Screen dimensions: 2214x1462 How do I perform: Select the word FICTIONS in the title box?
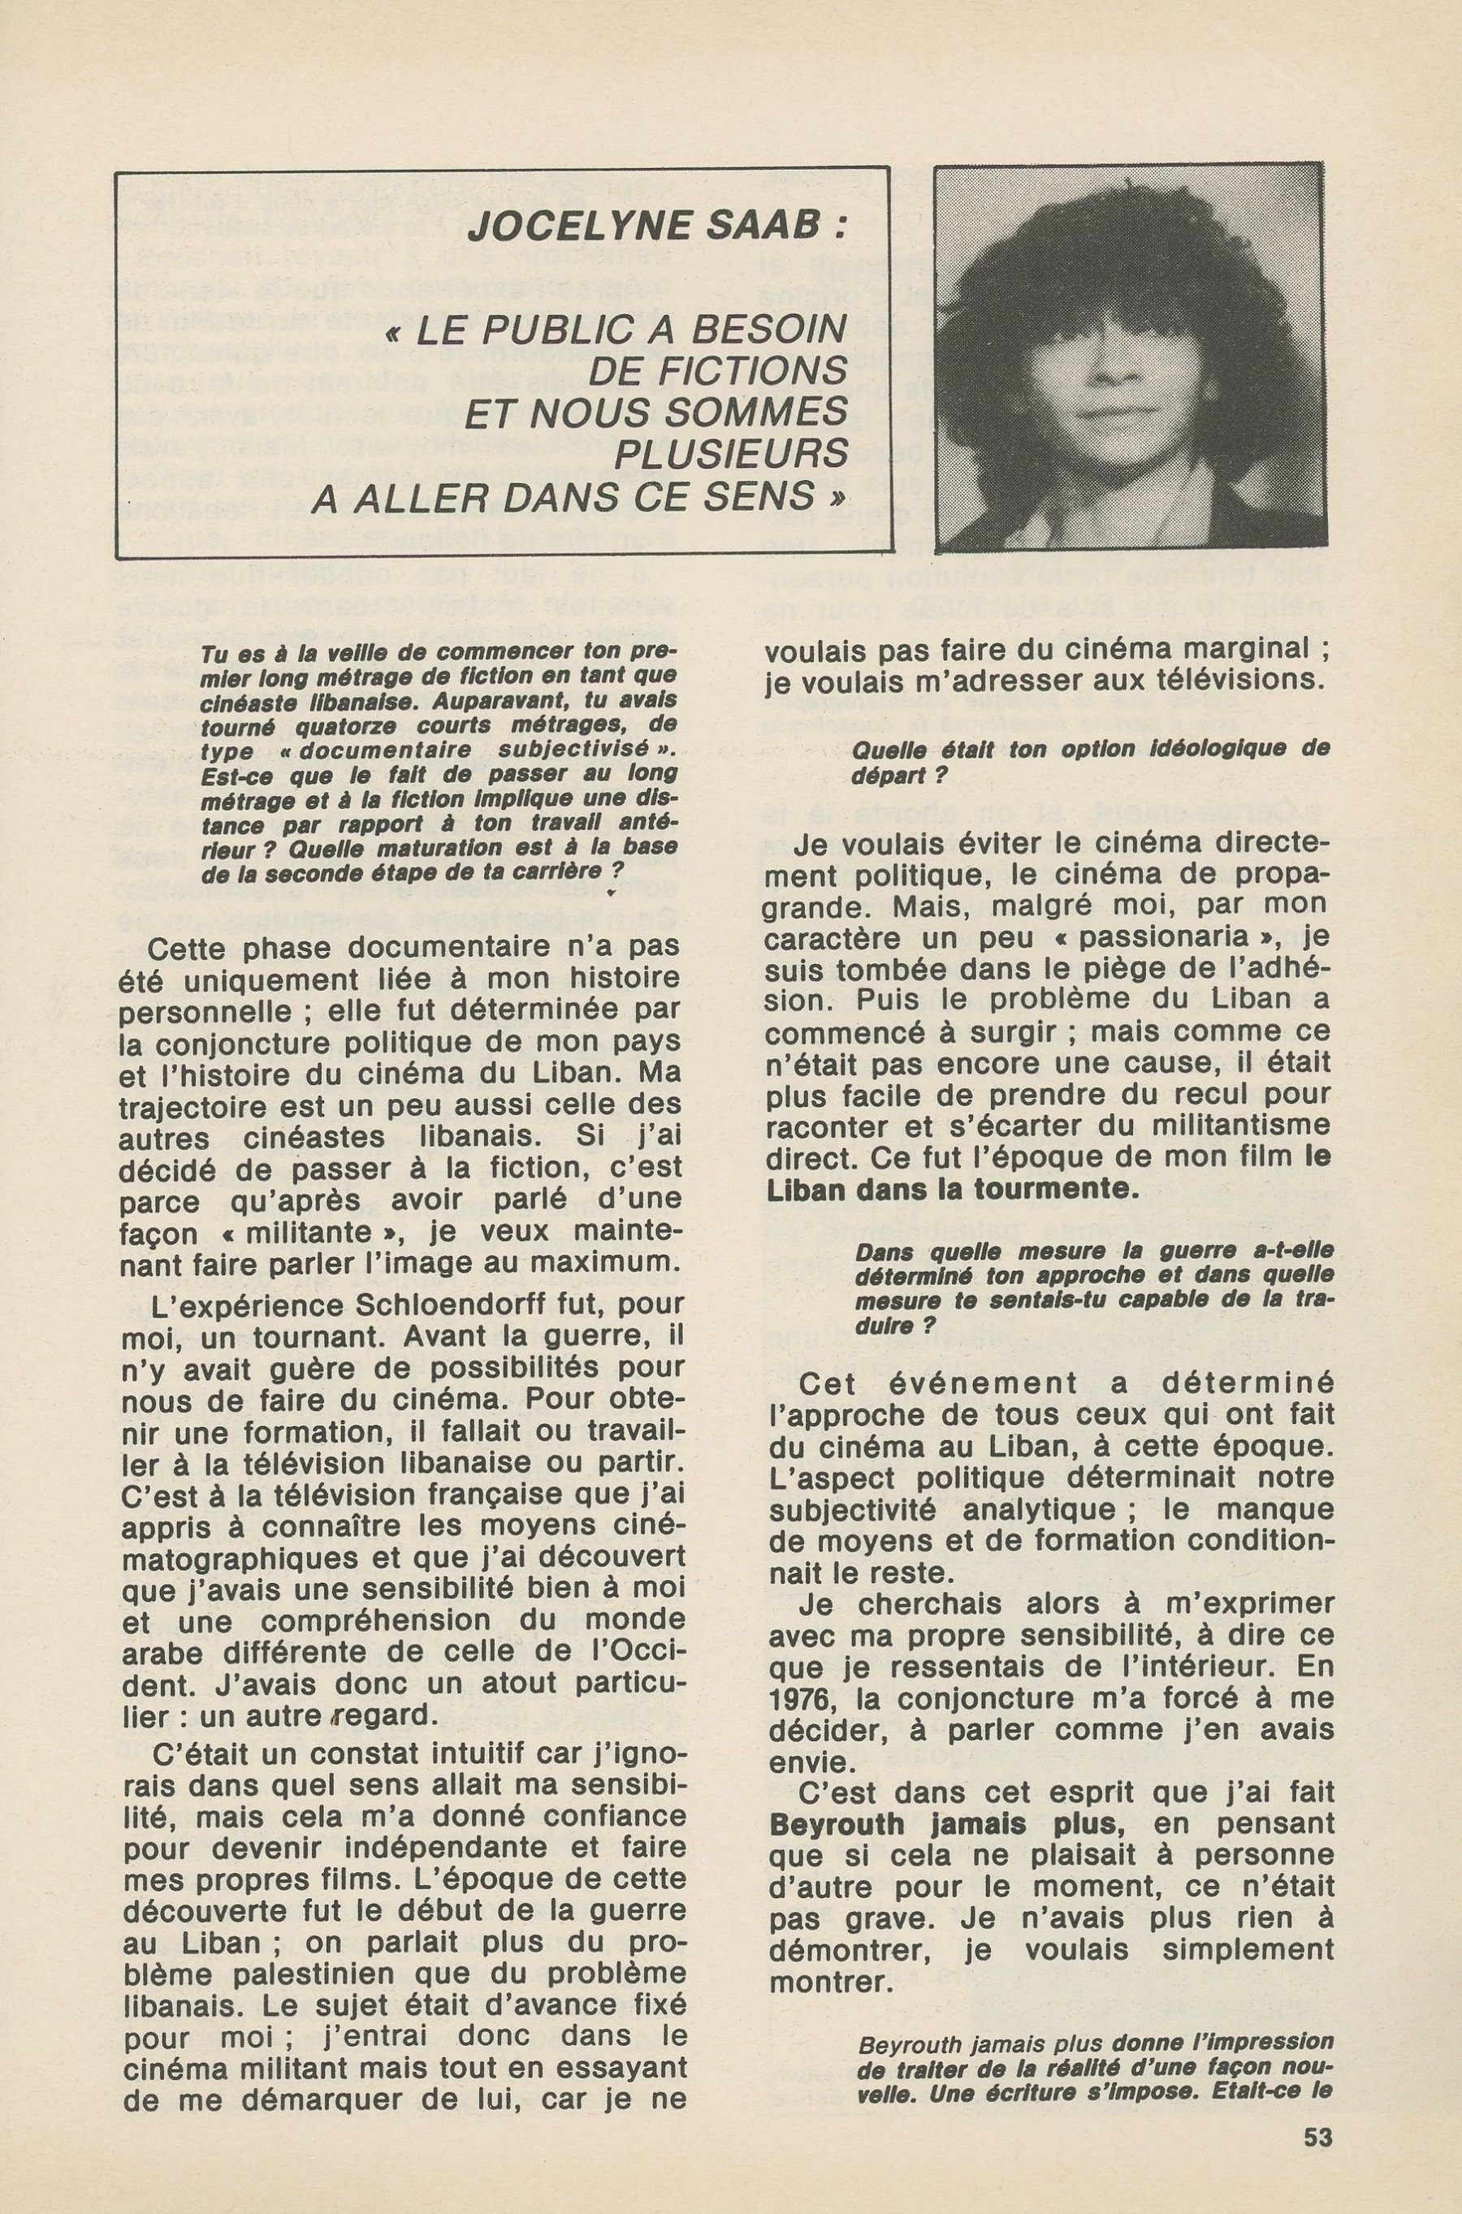pos(717,370)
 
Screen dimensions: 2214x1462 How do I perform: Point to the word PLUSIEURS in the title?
pos(730,454)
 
